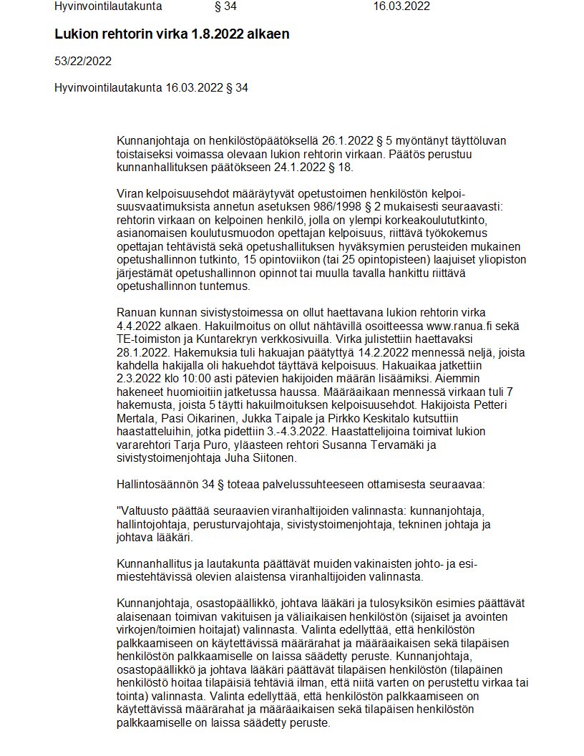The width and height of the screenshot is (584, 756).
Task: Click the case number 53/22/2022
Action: point(82,61)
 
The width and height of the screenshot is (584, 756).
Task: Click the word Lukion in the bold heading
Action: point(75,34)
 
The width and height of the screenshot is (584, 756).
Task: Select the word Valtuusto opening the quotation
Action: point(144,510)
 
